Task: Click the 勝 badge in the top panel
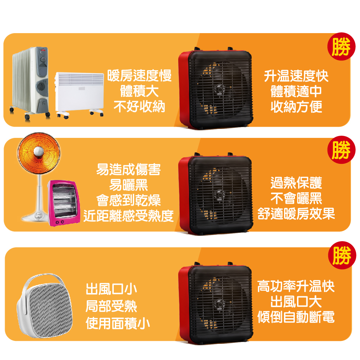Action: click(340, 48)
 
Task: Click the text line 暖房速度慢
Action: click(139, 76)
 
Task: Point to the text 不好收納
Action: click(139, 107)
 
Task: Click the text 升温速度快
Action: click(296, 76)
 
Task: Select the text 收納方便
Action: click(296, 107)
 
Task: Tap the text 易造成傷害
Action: click(129, 169)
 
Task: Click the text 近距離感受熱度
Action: click(129, 216)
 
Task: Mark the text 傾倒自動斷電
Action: click(296, 317)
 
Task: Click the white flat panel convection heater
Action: click(80, 92)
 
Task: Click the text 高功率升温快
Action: click(296, 287)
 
